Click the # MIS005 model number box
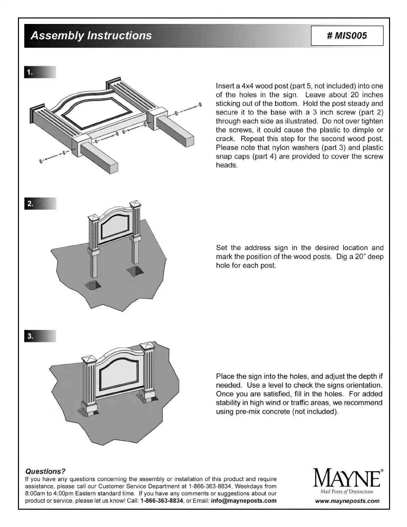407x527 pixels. tap(347, 36)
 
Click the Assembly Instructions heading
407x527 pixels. tap(91, 36)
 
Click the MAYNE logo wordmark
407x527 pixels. tap(346, 478)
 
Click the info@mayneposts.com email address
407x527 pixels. tap(243, 501)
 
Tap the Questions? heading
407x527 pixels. tap(46, 471)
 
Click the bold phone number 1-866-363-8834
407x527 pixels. tap(162, 501)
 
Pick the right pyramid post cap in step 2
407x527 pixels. tap(135, 204)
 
